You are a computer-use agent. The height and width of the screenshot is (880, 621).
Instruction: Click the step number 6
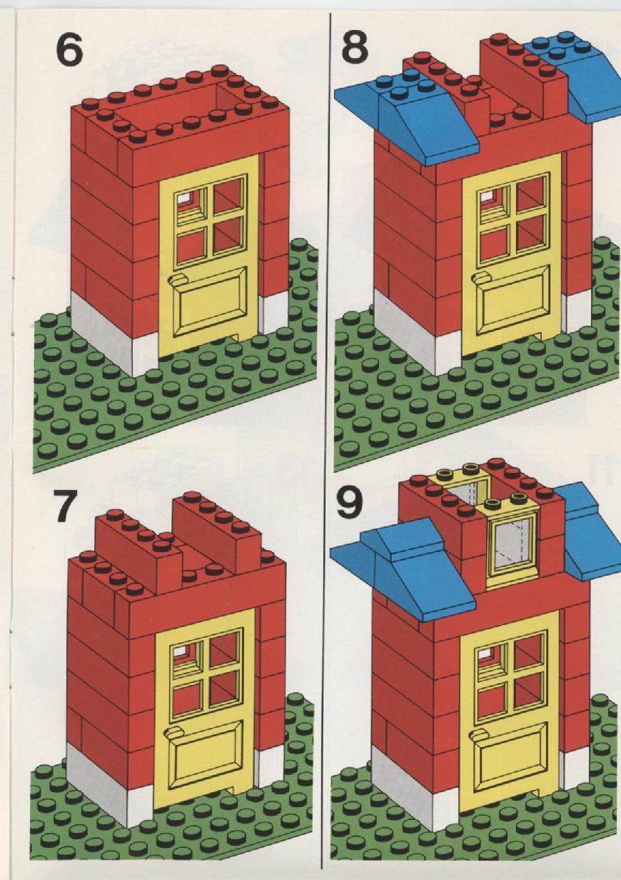(x=69, y=50)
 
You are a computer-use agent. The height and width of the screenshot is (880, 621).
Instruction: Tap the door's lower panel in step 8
(x=513, y=300)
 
